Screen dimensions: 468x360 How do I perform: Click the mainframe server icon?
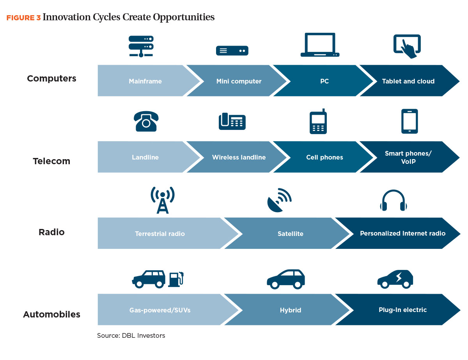pos(141,46)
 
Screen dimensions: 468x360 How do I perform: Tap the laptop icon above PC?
pos(320,45)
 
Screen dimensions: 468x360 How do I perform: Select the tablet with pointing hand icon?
pos(407,46)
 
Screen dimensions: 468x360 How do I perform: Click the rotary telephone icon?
pos(146,121)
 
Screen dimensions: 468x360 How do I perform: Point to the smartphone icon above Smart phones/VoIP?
pos(409,121)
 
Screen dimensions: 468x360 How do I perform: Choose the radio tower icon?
pos(163,200)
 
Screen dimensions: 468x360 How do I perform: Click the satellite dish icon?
pos(279,200)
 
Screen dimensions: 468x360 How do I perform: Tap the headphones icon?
pos(393,200)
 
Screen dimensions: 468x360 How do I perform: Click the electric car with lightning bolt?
pos(395,279)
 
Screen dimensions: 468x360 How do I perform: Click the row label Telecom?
pos(51,161)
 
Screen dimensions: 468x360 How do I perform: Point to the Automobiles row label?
pos(52,314)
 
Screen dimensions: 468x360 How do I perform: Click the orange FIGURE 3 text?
pos(23,18)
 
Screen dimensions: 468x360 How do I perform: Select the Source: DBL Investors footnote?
pos(131,335)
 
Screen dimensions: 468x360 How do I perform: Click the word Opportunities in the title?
pos(184,17)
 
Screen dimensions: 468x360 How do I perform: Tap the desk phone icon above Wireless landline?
pos(232,121)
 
